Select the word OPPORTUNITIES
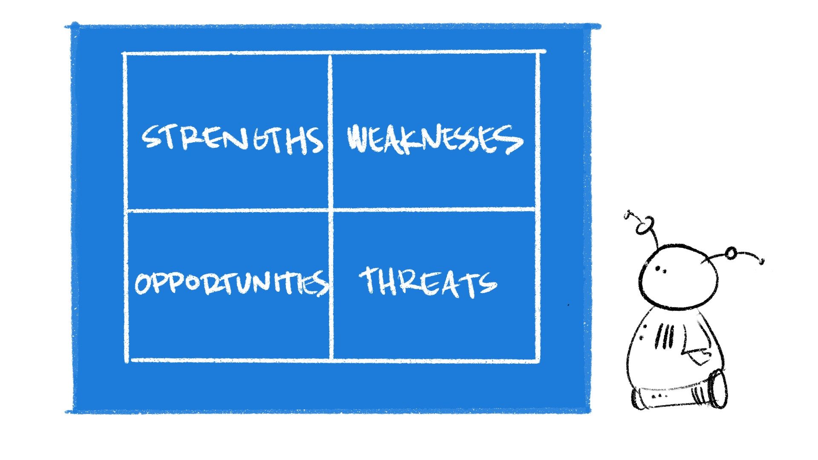(231, 283)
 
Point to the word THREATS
(428, 282)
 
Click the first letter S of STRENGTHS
(151, 137)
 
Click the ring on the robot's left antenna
(644, 226)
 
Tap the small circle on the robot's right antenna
(731, 253)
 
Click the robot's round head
(677, 276)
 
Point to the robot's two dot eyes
(660, 269)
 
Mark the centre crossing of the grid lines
(331, 210)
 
